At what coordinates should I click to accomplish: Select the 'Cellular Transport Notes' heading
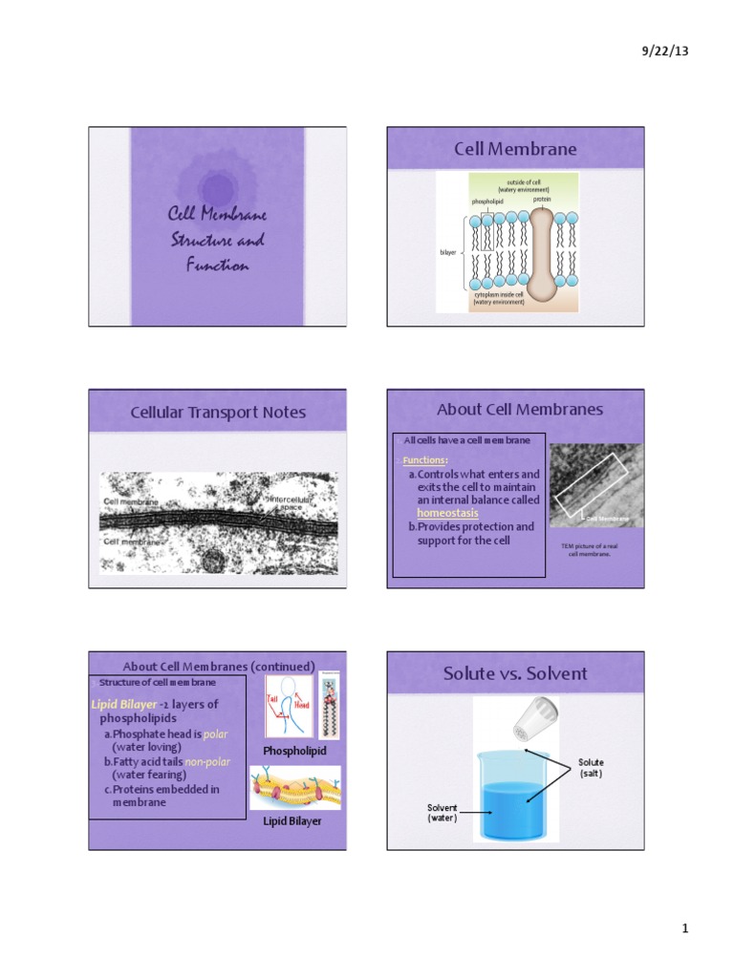click(x=218, y=412)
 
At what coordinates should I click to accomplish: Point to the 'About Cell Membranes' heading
click(x=520, y=409)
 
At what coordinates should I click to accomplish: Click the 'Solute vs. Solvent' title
click(x=515, y=673)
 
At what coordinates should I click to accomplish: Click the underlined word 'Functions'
click(x=423, y=459)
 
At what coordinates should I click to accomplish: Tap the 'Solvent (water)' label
click(x=442, y=813)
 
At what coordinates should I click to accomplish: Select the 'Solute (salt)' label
click(x=591, y=768)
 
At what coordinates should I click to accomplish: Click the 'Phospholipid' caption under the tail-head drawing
click(x=294, y=751)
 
